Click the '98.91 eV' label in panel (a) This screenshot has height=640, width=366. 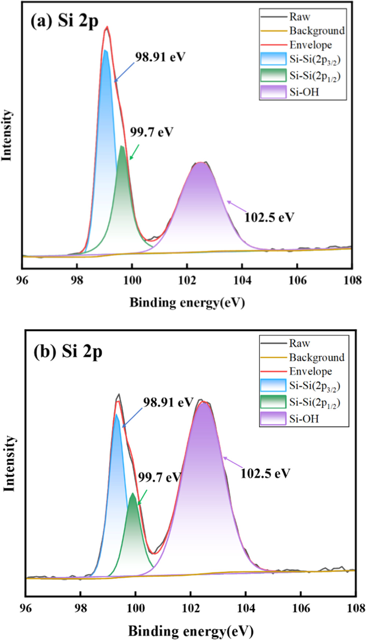160,57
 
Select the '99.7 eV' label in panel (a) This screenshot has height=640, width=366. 151,132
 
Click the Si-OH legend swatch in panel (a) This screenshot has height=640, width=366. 273,92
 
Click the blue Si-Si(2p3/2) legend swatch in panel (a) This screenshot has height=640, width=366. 273,59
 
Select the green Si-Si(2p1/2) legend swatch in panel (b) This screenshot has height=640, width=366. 273,402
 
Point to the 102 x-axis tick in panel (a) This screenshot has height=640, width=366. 187,280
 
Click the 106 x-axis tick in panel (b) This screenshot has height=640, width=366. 301,608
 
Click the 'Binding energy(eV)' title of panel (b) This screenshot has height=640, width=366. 191,631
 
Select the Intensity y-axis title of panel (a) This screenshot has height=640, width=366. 7,135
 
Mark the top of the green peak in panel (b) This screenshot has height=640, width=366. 132,494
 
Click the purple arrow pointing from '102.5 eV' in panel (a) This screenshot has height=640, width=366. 235,206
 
